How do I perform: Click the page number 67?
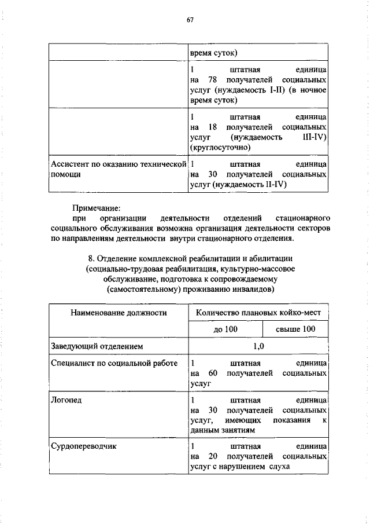(x=189, y=20)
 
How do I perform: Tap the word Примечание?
(x=96, y=207)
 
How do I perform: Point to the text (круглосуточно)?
(x=220, y=147)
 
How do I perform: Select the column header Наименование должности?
(x=119, y=313)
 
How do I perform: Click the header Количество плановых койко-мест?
(x=258, y=313)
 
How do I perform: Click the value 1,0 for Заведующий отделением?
(x=258, y=346)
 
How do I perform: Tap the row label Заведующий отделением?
(x=97, y=346)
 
